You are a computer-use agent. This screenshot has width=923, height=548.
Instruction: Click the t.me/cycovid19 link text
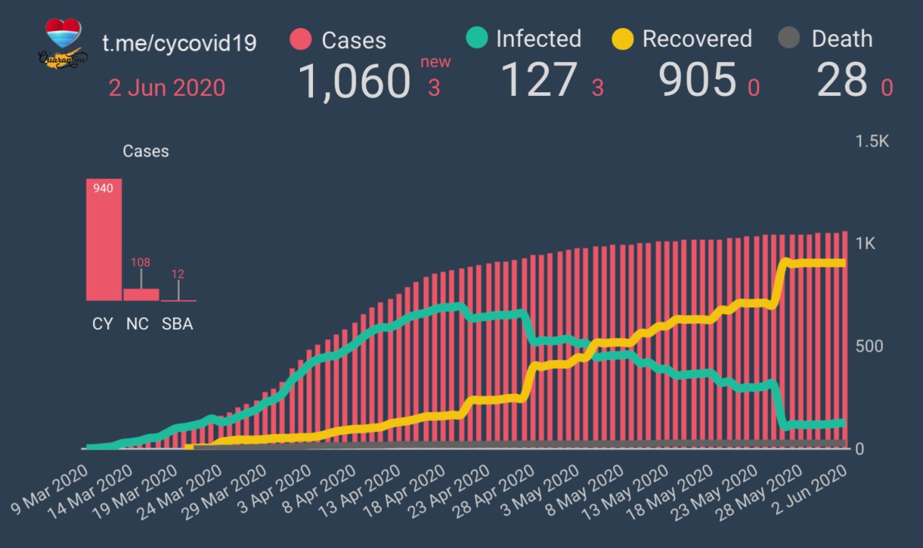point(179,43)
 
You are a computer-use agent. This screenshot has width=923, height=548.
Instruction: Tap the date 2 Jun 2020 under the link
point(167,88)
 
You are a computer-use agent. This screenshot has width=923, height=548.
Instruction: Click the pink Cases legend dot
point(300,40)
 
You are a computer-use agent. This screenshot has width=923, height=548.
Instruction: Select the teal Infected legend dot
point(477,38)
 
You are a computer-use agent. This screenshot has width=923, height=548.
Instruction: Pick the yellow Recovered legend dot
point(622,39)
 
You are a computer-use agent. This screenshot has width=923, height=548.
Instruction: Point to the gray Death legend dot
point(790,39)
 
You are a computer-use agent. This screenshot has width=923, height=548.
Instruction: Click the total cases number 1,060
point(354,81)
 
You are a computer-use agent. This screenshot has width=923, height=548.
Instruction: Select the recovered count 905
point(697,80)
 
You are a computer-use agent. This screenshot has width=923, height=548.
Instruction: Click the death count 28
point(842,80)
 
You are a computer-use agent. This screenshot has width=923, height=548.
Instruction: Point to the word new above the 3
point(436,62)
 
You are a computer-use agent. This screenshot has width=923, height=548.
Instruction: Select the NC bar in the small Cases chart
point(141,294)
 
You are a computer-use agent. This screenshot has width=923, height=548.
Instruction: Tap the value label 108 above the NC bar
point(141,262)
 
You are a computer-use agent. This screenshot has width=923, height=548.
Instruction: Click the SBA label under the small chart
point(177,324)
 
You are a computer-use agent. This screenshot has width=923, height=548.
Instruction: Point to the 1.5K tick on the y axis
point(873,141)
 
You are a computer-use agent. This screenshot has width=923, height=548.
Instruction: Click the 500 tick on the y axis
point(868,346)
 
